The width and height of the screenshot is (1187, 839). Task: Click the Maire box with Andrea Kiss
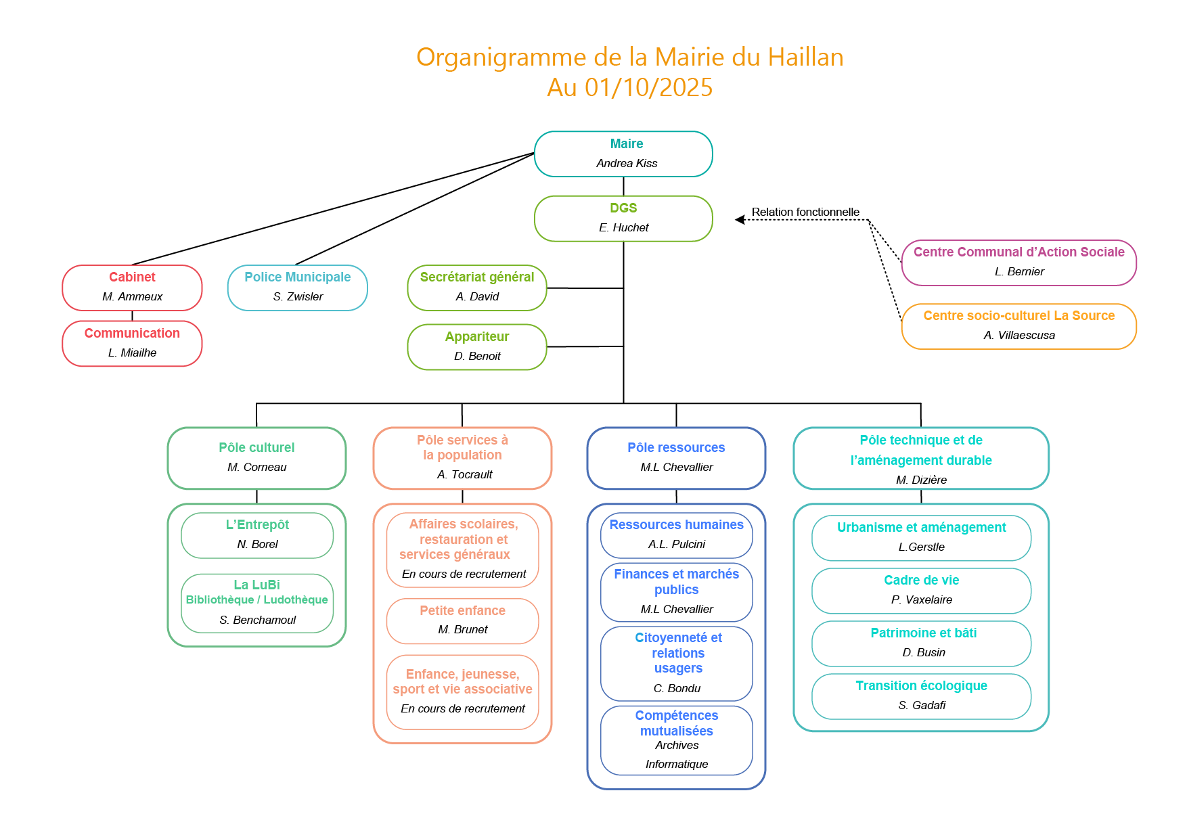click(x=623, y=154)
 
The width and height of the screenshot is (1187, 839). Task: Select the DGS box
click(x=623, y=219)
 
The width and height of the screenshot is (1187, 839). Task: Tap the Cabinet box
click(x=132, y=288)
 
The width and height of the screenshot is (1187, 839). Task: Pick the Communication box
click(x=132, y=344)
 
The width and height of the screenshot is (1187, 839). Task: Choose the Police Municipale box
click(x=298, y=288)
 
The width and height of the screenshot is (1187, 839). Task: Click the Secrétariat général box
click(x=477, y=288)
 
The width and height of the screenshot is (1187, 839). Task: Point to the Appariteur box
click(x=477, y=347)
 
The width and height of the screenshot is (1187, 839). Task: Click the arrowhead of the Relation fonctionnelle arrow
click(x=740, y=219)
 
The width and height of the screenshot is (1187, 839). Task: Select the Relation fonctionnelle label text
click(x=805, y=212)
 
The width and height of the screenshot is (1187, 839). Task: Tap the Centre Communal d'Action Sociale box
click(x=1018, y=263)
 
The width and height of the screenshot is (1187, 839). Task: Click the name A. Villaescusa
click(x=1019, y=335)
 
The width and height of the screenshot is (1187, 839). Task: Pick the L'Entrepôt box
click(x=257, y=535)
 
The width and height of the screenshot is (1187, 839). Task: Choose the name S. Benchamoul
click(x=257, y=620)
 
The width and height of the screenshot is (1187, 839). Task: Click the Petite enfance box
click(x=462, y=620)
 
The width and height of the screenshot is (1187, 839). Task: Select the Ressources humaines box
click(x=676, y=535)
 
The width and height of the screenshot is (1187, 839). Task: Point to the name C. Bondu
click(x=677, y=688)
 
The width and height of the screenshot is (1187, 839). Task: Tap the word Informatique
click(x=677, y=764)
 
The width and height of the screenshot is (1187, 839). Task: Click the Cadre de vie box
click(x=921, y=591)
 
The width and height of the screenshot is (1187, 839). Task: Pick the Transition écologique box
click(x=921, y=696)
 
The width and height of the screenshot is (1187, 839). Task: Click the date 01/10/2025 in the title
click(x=648, y=87)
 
